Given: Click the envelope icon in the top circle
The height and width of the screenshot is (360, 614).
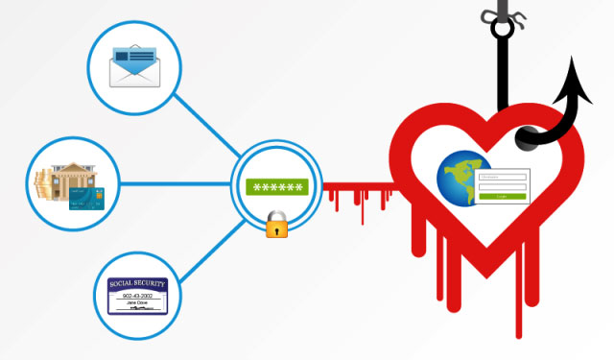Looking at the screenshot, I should pyautogui.click(x=133, y=65).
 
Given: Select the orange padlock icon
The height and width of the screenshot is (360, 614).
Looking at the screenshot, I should pyautogui.click(x=277, y=228).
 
